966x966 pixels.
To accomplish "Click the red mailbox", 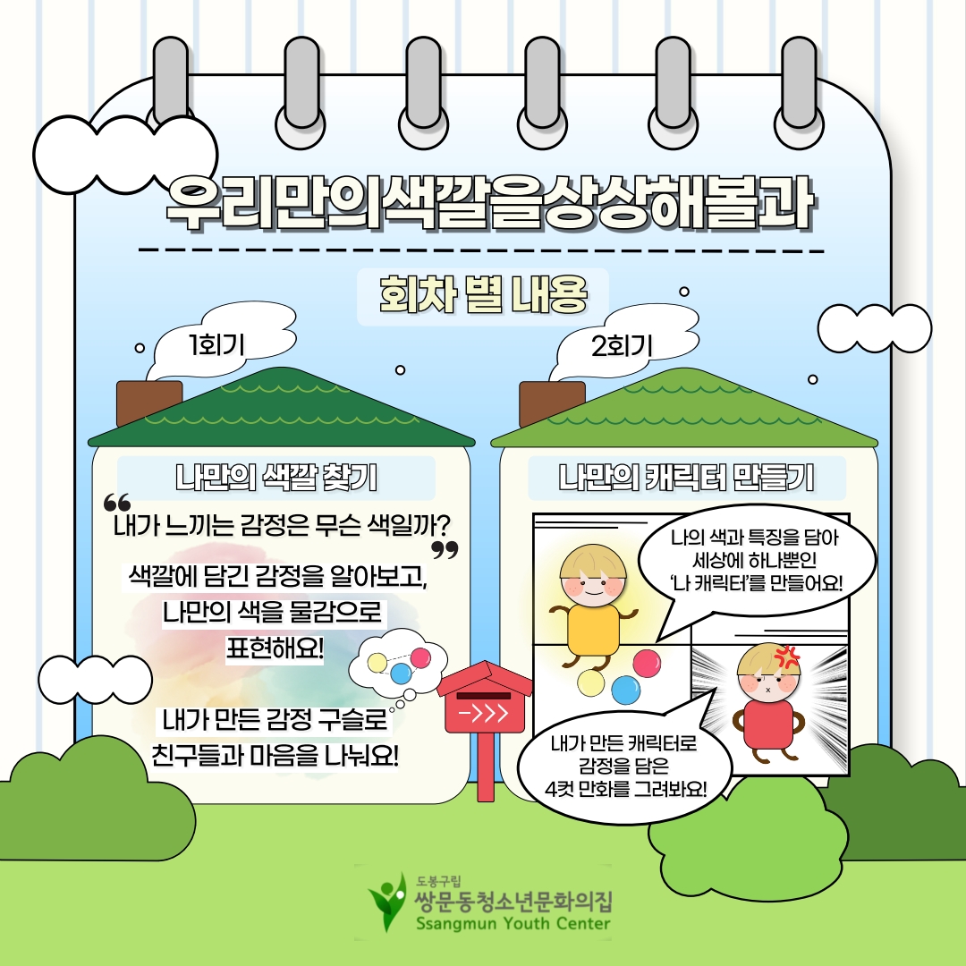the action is [484, 707].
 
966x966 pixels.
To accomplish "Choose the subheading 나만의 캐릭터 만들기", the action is [686, 478].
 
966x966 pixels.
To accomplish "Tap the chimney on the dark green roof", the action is [148, 403].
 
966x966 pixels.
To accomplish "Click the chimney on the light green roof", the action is [552, 403].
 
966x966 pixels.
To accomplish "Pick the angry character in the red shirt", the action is [768, 707].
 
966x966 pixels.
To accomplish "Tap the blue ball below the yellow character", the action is [626, 690].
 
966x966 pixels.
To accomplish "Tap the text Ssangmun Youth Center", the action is [513, 924].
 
